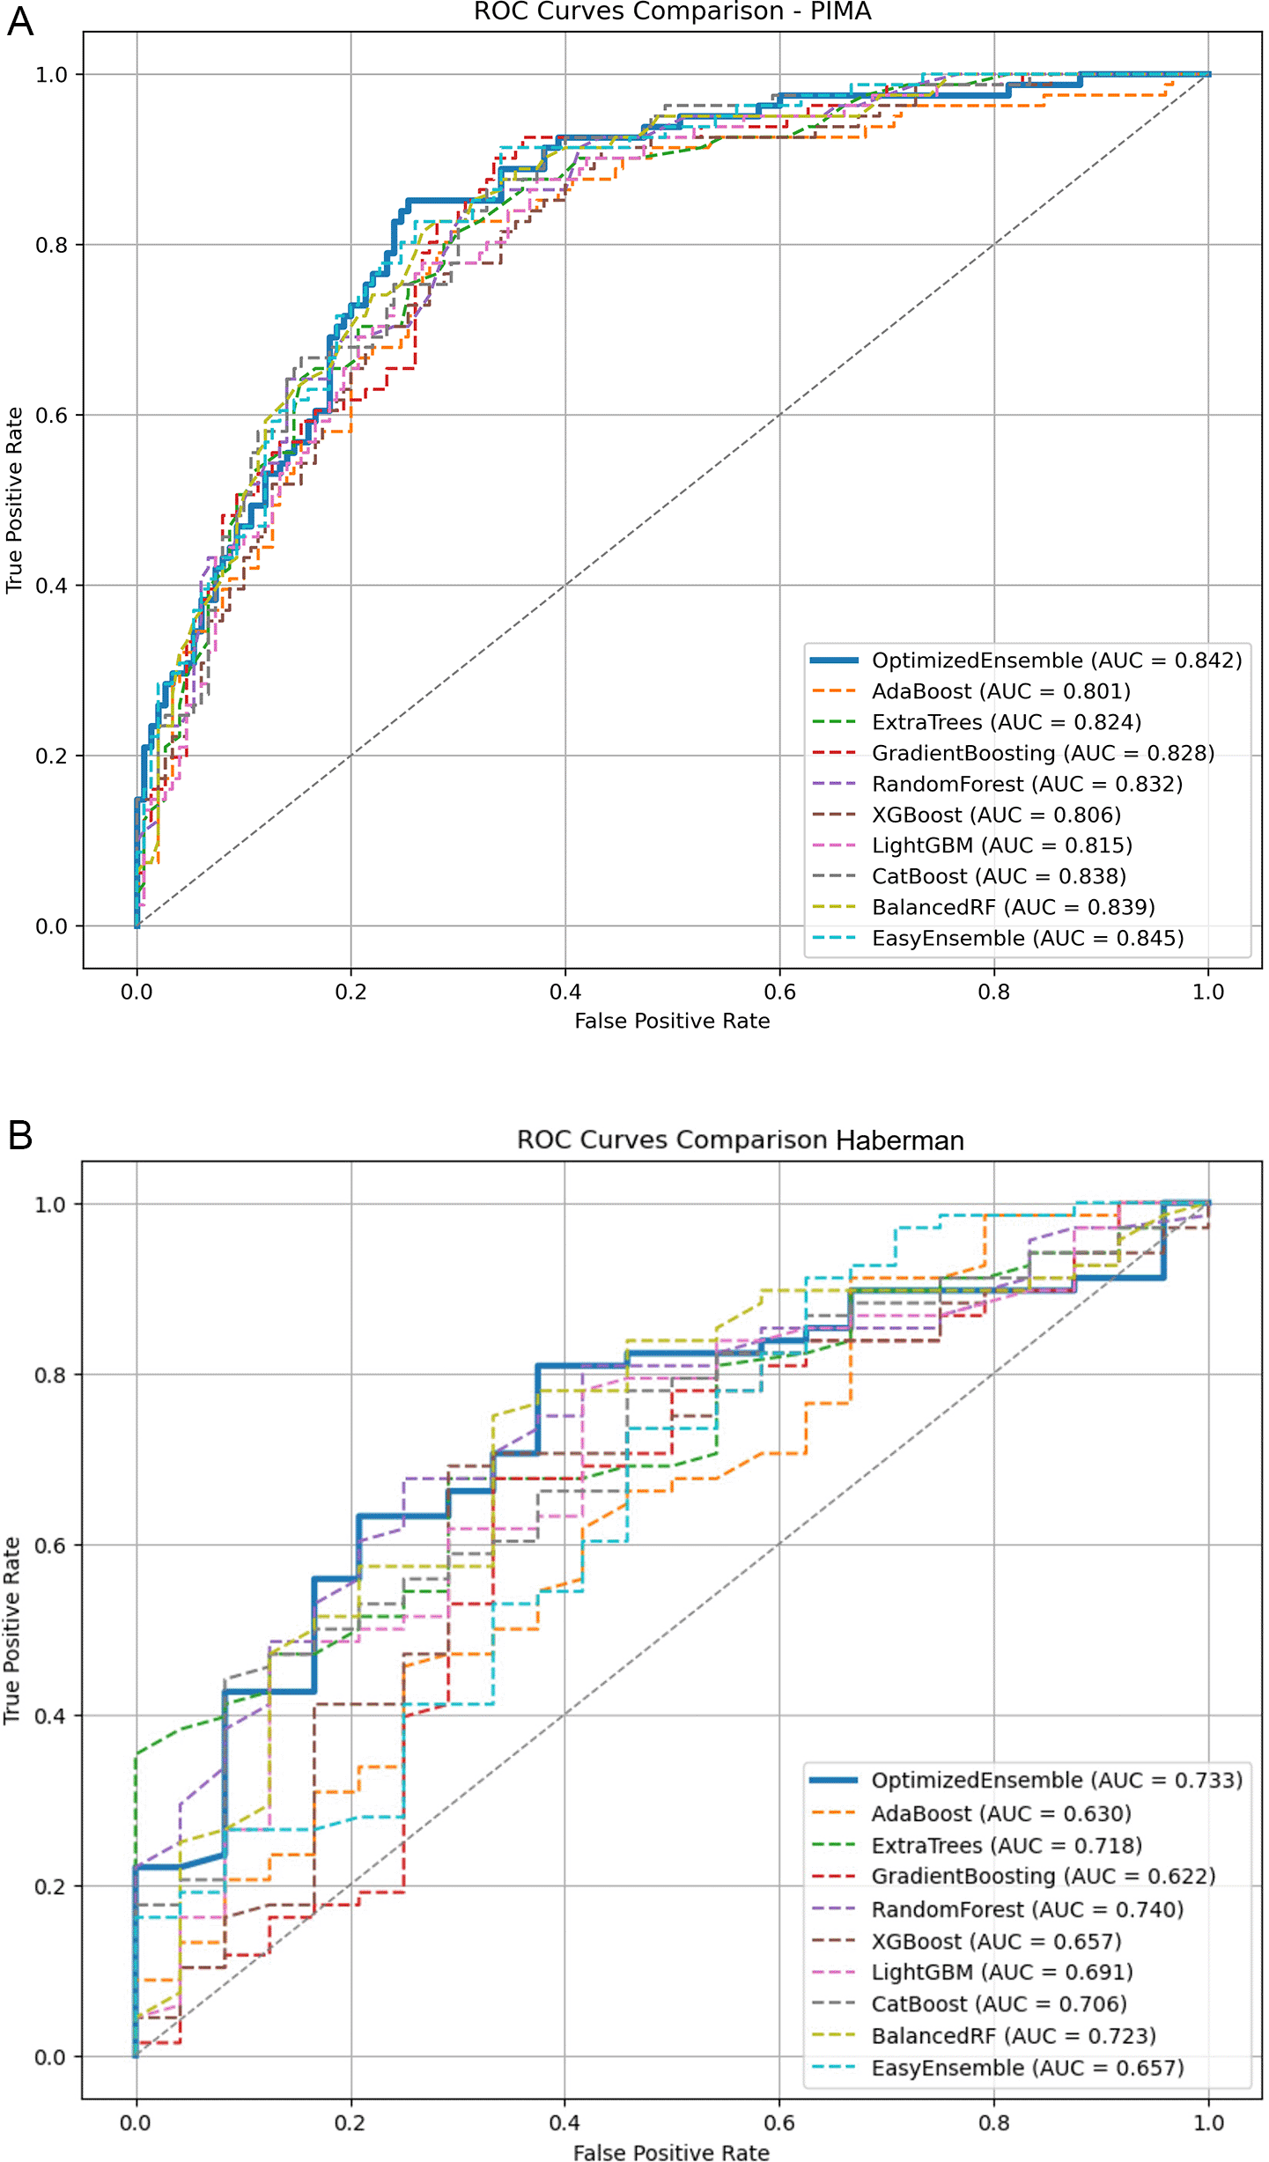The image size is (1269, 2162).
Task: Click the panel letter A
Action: point(20,21)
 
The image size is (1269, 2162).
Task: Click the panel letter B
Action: point(20,1136)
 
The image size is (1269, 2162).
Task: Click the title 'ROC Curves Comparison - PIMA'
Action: point(672,11)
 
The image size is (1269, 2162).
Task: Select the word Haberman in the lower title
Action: point(899,1140)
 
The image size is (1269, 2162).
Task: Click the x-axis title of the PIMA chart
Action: point(672,1021)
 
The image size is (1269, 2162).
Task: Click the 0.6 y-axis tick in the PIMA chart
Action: point(51,416)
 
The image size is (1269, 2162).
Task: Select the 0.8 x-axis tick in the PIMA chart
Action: point(994,992)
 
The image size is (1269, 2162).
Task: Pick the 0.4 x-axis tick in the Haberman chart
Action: point(564,2122)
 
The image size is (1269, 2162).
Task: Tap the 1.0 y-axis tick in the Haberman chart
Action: point(51,1205)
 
